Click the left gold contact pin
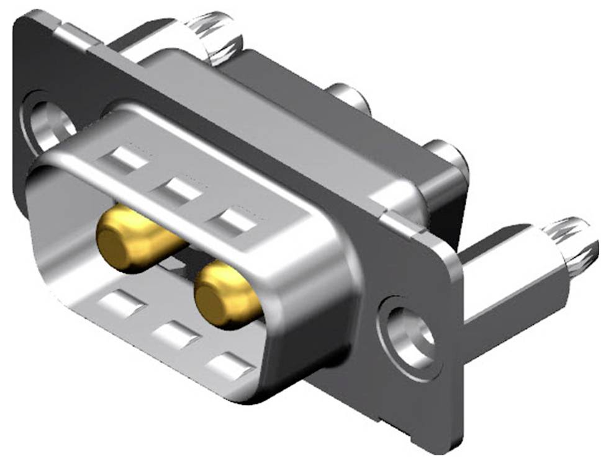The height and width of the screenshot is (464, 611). pyautogui.click(x=134, y=239)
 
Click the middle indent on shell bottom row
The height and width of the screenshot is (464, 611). pyautogui.click(x=174, y=335)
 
